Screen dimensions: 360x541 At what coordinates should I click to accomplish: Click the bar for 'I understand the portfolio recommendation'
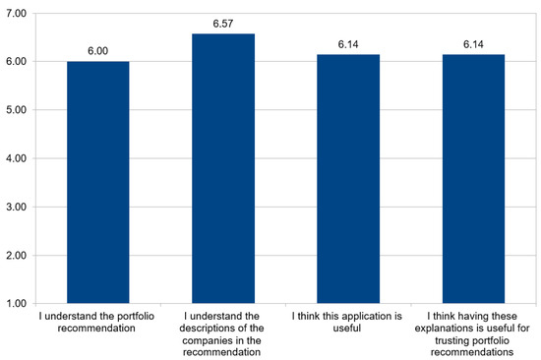point(97,182)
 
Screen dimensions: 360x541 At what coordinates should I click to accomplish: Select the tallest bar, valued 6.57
point(222,168)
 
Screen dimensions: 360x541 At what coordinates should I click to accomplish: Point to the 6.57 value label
point(222,24)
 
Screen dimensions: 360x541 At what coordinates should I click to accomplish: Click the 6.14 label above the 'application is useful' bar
point(348,44)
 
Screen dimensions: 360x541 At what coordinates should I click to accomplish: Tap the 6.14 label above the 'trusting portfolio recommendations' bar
point(473,44)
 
